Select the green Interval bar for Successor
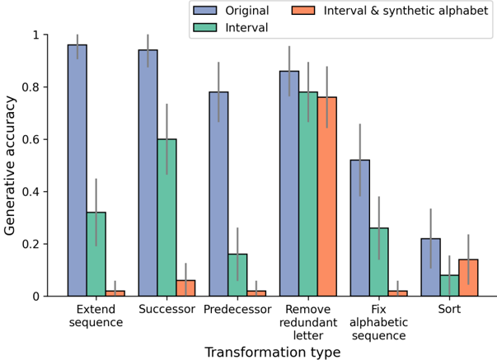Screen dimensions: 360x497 [x=166, y=217]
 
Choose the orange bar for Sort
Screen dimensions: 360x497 [x=468, y=278]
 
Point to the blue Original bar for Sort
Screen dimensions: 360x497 [x=430, y=267]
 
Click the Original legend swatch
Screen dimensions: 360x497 [x=203, y=12]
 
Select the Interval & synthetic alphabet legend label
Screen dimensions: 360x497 [x=406, y=12]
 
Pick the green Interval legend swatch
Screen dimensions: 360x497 [x=203, y=28]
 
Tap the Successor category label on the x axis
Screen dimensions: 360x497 [x=166, y=310]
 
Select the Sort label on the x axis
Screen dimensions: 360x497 [x=449, y=310]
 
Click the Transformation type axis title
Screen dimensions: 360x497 [x=272, y=352]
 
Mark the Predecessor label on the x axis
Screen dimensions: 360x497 [x=237, y=310]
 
